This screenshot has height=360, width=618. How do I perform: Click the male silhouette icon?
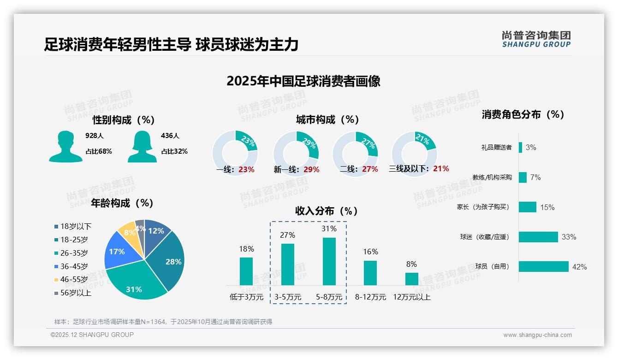point(65,146)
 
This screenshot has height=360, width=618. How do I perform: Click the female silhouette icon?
point(142,146)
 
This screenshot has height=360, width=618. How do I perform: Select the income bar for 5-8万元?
point(329,261)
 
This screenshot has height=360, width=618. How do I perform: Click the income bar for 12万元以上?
point(411,279)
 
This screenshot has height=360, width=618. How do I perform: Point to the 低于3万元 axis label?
point(246,297)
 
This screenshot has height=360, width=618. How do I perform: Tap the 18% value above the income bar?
point(246,249)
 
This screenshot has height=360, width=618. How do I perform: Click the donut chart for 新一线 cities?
point(296,154)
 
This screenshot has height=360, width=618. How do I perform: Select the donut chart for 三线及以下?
point(414,154)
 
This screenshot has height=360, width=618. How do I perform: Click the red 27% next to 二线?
point(370,169)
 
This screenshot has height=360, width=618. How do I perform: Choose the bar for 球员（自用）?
point(543,266)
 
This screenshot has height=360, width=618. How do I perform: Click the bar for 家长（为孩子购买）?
point(527,207)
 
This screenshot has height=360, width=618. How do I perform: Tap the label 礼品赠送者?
point(496,147)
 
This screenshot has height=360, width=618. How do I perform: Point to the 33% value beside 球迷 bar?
point(569,237)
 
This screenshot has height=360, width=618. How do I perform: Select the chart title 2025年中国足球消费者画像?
point(303,81)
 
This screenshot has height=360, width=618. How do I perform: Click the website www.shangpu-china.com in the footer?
point(537,335)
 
